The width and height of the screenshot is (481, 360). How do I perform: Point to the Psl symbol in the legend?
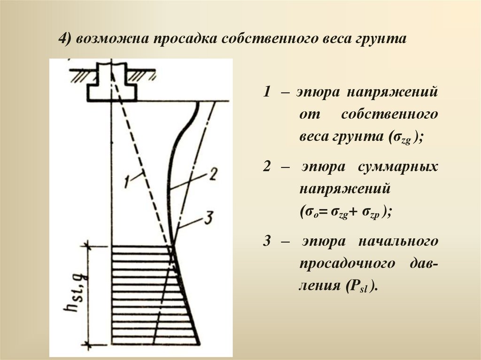(x=357, y=286)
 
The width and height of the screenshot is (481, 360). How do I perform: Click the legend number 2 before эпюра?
(x=266, y=167)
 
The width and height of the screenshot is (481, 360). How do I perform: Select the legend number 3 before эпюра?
(x=266, y=241)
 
